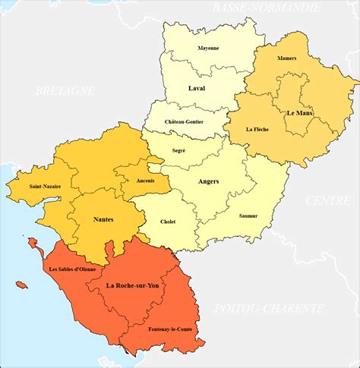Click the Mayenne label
click(208, 48)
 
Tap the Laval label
click(197, 89)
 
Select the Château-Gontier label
click(184, 121)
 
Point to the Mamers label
click(287, 58)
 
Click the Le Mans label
click(299, 112)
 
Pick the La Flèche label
click(257, 130)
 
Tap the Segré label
click(179, 152)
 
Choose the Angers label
click(208, 182)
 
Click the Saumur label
click(248, 216)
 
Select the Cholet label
click(168, 222)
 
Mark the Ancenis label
click(146, 181)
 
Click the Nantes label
click(103, 219)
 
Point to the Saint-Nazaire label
click(45, 186)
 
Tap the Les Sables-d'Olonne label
click(73, 269)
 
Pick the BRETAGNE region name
click(65, 90)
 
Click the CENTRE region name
click(327, 200)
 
